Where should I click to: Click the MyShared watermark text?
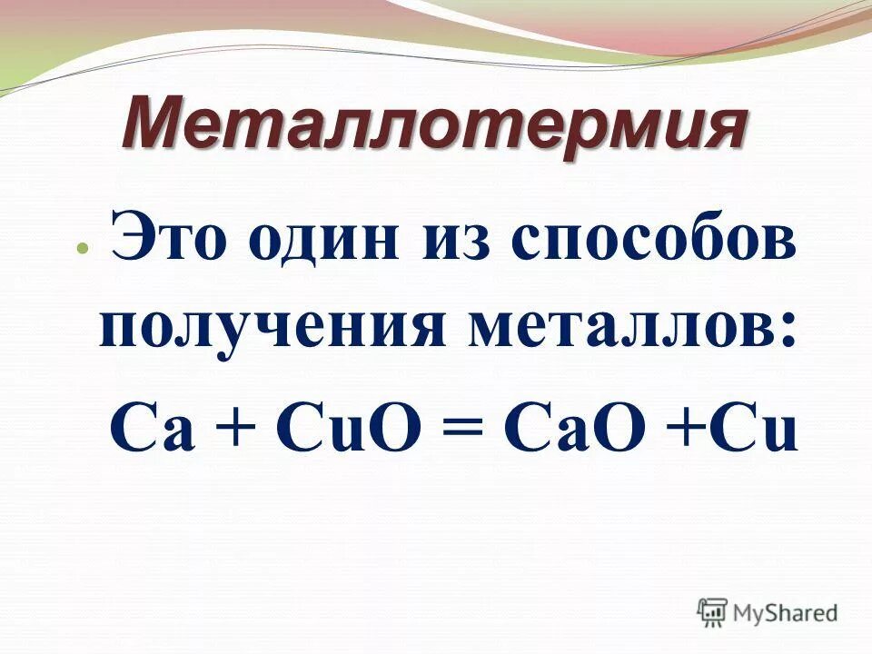(785, 614)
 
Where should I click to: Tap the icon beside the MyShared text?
(712, 612)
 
